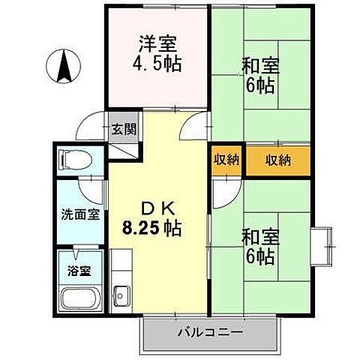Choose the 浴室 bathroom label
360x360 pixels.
[80, 271]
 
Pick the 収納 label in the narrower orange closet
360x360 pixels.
[225, 160]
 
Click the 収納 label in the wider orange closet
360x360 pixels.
[277, 160]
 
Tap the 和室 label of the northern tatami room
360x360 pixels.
[260, 64]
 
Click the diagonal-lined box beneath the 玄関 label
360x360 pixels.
[124, 148]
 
